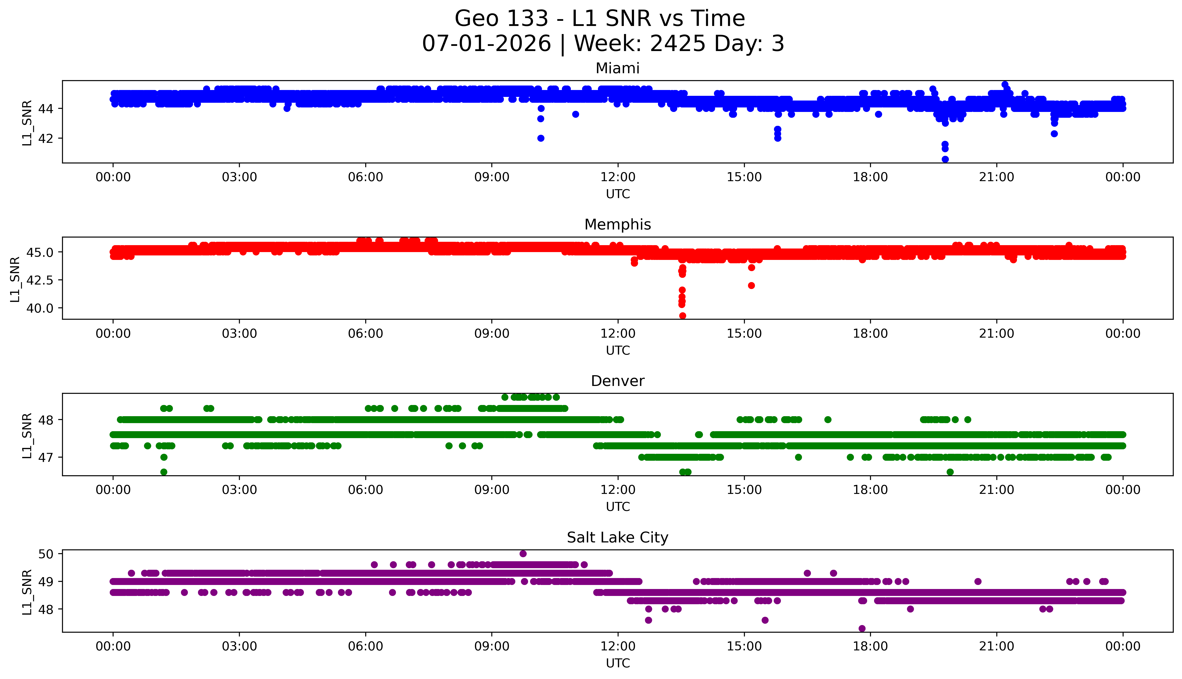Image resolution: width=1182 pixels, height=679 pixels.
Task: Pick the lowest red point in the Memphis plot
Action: point(682,316)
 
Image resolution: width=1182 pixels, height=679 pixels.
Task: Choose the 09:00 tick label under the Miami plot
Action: point(492,177)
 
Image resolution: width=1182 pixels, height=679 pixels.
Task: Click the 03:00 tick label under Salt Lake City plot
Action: point(239,646)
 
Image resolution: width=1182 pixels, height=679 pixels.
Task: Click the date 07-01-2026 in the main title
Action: point(486,43)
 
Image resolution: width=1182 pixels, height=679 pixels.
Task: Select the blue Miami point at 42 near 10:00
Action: point(541,138)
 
